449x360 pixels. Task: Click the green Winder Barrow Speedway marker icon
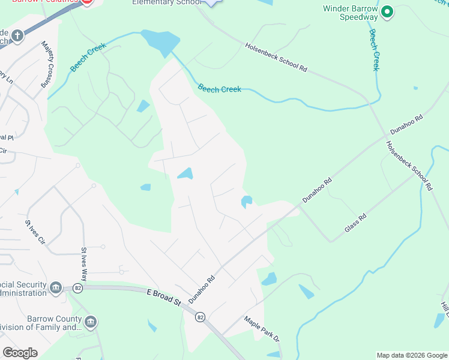(x=387, y=11)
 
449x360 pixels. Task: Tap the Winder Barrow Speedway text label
(x=351, y=13)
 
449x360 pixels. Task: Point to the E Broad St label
(x=163, y=298)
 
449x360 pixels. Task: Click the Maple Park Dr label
(x=261, y=329)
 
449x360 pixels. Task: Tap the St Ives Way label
(x=85, y=264)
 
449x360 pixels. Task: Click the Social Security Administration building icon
(x=55, y=288)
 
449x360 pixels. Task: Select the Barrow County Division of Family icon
(x=90, y=323)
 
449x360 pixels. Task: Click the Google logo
(x=20, y=353)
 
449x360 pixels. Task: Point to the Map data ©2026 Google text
(x=411, y=355)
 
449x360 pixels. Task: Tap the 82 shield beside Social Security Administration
(x=77, y=288)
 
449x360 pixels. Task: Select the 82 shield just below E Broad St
(x=200, y=316)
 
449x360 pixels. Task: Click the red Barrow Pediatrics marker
(x=86, y=2)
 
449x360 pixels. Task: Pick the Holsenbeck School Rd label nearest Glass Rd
(x=409, y=166)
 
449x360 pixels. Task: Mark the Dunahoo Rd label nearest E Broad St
(x=202, y=289)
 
